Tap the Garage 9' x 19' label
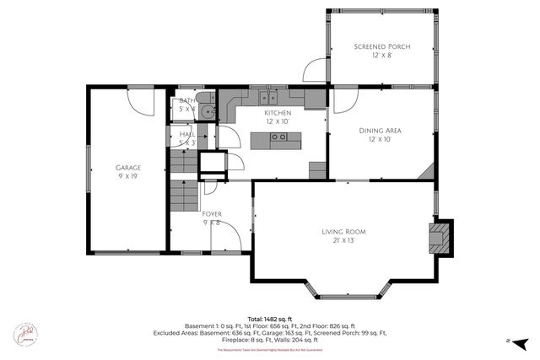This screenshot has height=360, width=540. point(128,172)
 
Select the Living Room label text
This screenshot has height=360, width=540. point(343,235)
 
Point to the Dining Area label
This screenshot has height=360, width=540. point(380,135)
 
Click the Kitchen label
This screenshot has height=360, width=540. point(278,116)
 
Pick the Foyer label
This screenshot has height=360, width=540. point(211,218)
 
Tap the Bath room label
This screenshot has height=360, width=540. point(186,105)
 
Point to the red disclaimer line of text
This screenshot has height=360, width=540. point(270,350)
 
